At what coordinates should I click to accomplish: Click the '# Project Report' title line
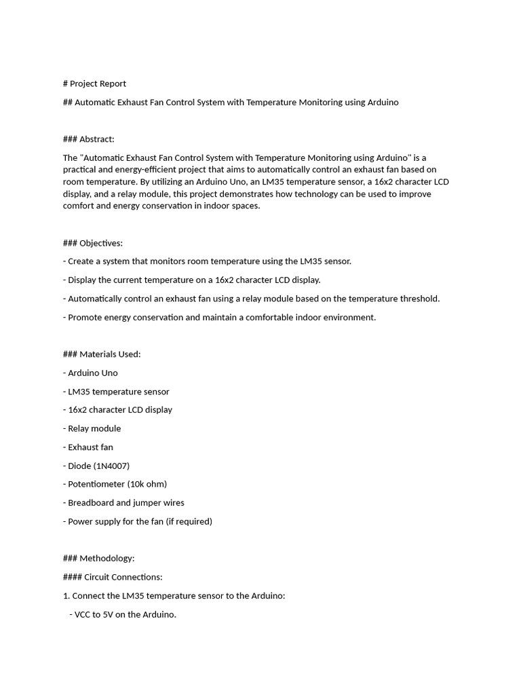click(x=94, y=83)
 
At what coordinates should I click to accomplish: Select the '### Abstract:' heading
click(x=88, y=139)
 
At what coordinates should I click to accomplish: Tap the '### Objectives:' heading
click(x=92, y=243)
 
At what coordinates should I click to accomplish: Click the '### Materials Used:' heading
click(x=102, y=354)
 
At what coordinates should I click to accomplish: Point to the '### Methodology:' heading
click(x=98, y=559)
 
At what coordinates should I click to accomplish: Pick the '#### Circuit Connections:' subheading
click(x=113, y=577)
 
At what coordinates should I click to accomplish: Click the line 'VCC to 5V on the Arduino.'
click(x=123, y=615)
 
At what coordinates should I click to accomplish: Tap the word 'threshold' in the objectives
click(x=418, y=299)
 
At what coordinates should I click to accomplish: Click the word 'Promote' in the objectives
click(x=85, y=317)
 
